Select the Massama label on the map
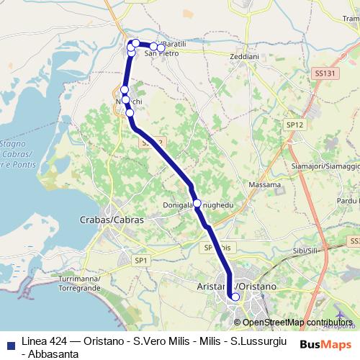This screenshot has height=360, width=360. coord(264,185)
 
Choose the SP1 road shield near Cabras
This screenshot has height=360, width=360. coord(141,260)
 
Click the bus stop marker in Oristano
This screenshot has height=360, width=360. coord(235,297)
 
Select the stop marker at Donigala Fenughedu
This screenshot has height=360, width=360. coord(197,203)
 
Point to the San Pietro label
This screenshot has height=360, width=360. coord(161,53)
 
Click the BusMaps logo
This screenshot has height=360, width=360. coord(325,344)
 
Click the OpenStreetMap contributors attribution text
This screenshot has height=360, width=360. coord(297,322)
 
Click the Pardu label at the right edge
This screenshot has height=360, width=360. coord(348,201)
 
